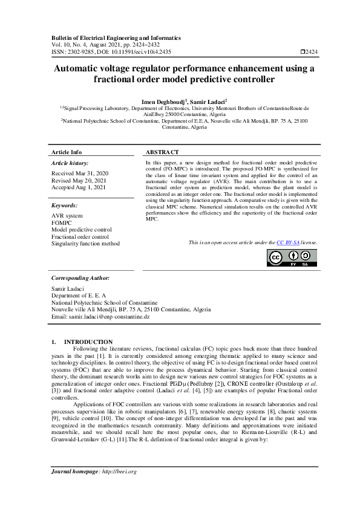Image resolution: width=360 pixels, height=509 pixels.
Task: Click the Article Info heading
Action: [67, 152]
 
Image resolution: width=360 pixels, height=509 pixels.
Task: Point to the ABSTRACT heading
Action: [162, 152]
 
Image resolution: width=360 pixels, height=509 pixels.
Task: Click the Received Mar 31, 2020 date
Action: [79, 173]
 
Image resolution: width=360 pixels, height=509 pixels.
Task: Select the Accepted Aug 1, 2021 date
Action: [79, 187]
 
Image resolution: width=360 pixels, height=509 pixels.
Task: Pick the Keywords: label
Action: [65, 206]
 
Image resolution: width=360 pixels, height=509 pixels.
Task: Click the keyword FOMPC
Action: [62, 223]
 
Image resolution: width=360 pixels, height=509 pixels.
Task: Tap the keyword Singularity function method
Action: [85, 244]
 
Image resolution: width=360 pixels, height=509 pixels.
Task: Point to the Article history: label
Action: [70, 163]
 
